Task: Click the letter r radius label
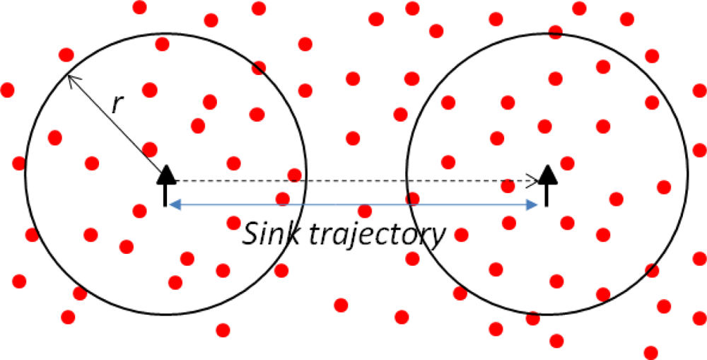click(x=118, y=105)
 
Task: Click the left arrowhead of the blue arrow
click(x=174, y=205)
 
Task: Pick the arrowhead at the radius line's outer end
click(x=71, y=79)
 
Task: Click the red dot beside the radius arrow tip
click(x=66, y=54)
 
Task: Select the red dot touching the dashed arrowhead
click(x=508, y=187)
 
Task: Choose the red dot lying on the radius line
click(x=150, y=150)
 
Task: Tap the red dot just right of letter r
click(x=150, y=90)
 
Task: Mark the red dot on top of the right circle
click(x=555, y=32)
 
